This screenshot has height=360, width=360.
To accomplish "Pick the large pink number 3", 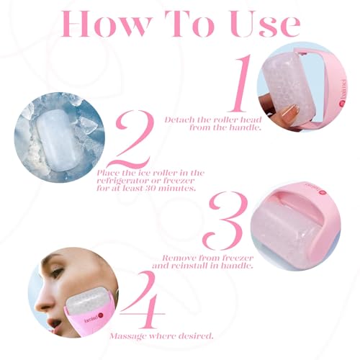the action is point(225,221).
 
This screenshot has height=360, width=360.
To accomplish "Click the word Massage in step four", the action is point(128,336).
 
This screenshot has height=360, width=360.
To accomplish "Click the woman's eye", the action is point(55,272).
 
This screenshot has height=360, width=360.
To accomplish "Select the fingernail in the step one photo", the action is point(290,113).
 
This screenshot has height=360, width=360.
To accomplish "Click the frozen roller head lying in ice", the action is point(56,139).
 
